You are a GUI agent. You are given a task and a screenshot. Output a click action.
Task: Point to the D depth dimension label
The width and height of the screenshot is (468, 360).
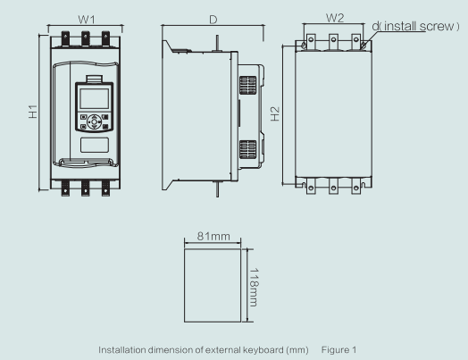pyautogui.click(x=212, y=18)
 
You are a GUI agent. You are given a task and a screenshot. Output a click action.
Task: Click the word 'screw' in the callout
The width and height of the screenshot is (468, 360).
pyautogui.click(x=430, y=26)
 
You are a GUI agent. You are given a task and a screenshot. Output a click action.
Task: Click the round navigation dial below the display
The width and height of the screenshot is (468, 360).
pyautogui.click(x=94, y=123)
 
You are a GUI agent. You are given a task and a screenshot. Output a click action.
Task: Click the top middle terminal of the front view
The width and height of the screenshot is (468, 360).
pyautogui.click(x=86, y=38)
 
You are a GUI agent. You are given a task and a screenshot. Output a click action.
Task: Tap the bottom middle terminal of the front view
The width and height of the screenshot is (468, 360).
pyautogui.click(x=87, y=187)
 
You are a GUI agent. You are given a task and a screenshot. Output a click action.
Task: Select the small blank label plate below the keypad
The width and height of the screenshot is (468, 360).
pyautogui.click(x=94, y=145)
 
